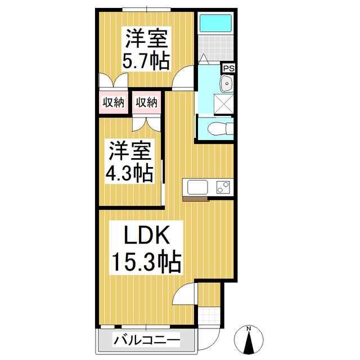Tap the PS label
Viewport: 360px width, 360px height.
pyautogui.click(x=228, y=68)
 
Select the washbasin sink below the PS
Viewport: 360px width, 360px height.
pyautogui.click(x=227, y=84)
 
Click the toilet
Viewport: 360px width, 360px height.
pyautogui.click(x=219, y=129)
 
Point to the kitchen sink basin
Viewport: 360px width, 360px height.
pyautogui.click(x=196, y=187)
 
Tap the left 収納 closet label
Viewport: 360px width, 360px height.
pyautogui.click(x=113, y=102)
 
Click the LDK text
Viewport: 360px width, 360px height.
pyautogui.click(x=146, y=236)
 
